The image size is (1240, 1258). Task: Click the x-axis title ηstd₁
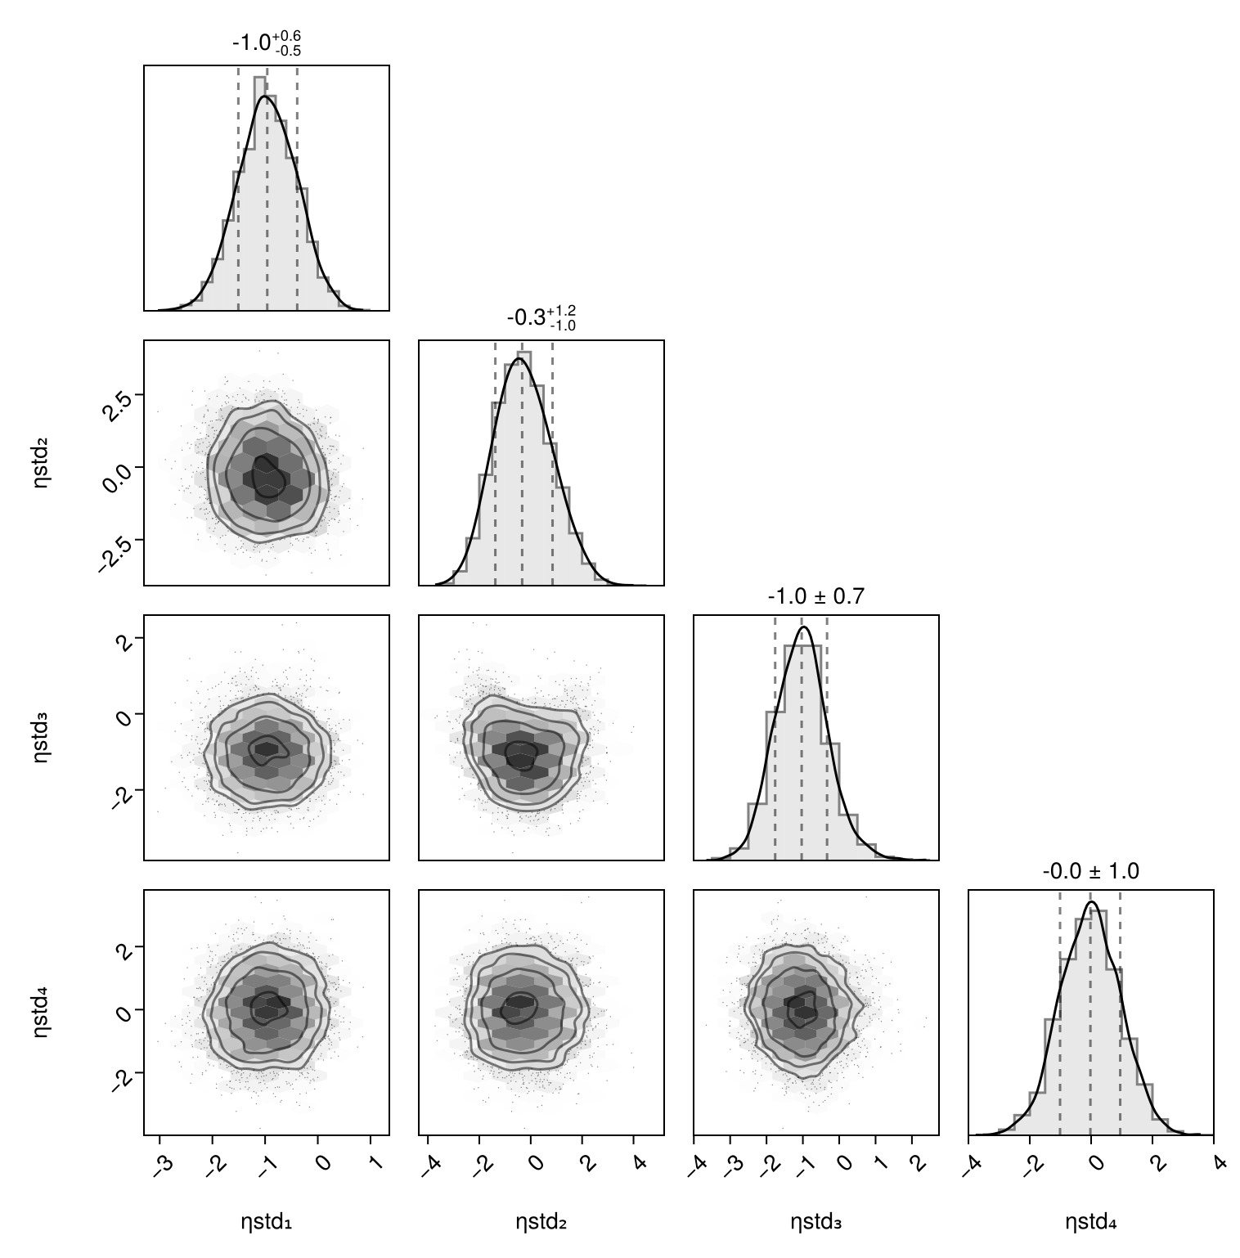[266, 1223]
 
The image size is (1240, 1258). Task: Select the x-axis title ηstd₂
[541, 1223]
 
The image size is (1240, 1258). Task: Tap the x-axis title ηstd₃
[815, 1223]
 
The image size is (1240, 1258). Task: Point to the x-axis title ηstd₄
[1090, 1223]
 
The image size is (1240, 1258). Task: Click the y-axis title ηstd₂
[42, 463]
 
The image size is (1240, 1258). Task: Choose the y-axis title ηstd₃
[42, 738]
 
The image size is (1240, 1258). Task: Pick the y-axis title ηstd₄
[42, 1013]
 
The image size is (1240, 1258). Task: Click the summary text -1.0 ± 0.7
[815, 597]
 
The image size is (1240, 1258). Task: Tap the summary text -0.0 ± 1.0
[1090, 872]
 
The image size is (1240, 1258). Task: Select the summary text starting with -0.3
[541, 317]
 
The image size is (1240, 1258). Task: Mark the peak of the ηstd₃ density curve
[804, 627]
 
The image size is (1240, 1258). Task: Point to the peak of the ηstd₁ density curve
[264, 97]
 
